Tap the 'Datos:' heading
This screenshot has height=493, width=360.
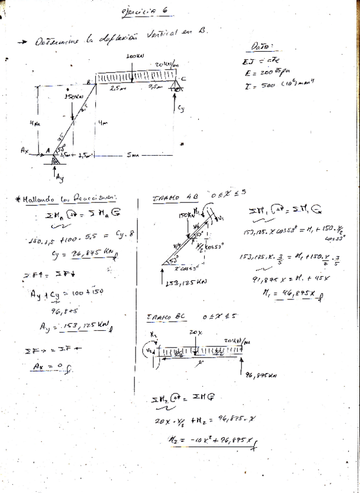coord(263,47)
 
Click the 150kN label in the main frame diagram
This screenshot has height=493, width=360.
coord(74,96)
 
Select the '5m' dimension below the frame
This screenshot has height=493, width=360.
coord(129,155)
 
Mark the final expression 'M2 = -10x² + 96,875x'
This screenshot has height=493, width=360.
coord(212,442)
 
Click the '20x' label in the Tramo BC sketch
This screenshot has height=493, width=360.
coord(194,333)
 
